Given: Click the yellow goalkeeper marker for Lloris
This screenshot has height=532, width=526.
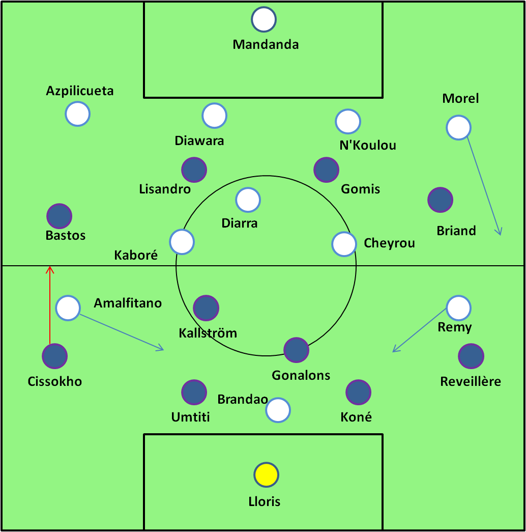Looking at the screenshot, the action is coord(266,475).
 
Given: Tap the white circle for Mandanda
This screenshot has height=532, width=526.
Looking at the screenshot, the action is coord(264,19).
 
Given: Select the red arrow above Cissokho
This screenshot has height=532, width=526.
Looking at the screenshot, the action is coord(50,305).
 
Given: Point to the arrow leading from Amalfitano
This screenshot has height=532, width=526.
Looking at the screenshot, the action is coord(122,332).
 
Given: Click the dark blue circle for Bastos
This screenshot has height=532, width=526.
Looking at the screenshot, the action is coord(59,217).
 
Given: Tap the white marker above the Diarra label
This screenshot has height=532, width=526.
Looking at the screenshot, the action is coord(248,200).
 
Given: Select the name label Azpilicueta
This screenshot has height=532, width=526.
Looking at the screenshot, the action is coord(80,91).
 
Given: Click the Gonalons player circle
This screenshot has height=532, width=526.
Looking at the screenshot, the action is coord(296,350).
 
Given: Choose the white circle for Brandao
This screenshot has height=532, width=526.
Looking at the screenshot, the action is coord(278,410).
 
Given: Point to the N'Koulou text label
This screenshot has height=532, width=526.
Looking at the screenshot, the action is coord(368,146).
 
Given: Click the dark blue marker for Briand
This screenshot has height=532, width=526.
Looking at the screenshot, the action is coord(440,200).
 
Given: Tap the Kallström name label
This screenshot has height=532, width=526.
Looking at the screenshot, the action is coord(208,333).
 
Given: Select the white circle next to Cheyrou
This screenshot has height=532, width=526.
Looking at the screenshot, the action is coord(344,244).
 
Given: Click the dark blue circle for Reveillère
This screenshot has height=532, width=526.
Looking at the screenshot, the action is coord(471,356).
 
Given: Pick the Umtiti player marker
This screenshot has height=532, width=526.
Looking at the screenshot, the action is coord(194,392).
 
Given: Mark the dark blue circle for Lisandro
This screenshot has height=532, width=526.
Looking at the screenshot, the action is coord(194,170).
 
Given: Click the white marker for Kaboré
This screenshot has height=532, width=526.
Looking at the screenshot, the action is coord(182,242).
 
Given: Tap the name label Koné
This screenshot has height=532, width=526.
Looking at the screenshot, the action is coord(356,417).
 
